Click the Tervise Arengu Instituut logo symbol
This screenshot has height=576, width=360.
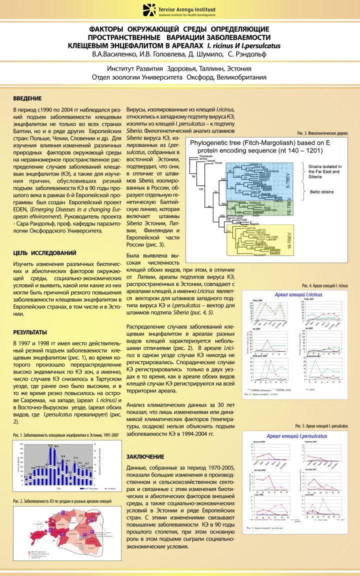[x=148, y=9]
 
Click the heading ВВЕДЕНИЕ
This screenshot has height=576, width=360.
[x=27, y=98]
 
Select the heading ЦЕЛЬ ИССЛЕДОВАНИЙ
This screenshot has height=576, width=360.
[x=44, y=253]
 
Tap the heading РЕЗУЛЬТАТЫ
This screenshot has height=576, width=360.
[x=30, y=332]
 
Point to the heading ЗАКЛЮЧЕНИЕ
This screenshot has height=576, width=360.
[x=145, y=456]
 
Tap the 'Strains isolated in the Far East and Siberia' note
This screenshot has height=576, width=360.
[x=325, y=171]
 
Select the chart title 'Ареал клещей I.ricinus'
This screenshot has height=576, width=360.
[x=298, y=295]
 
